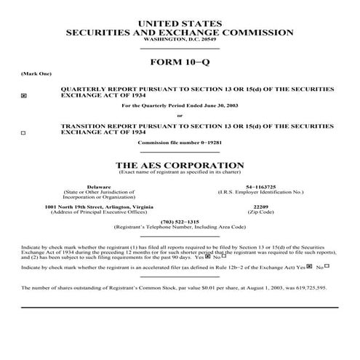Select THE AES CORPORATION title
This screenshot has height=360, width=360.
[x=180, y=165]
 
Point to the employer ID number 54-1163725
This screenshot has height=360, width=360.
[x=260, y=186]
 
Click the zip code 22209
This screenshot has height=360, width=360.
[x=260, y=207]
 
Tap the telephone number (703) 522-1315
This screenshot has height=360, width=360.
[x=180, y=222]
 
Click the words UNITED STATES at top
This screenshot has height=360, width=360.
[x=180, y=25]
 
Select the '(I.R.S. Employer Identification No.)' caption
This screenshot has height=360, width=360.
[x=260, y=191]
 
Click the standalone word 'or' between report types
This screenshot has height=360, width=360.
[x=180, y=116]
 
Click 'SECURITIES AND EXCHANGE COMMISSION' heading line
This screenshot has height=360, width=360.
[x=180, y=33]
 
